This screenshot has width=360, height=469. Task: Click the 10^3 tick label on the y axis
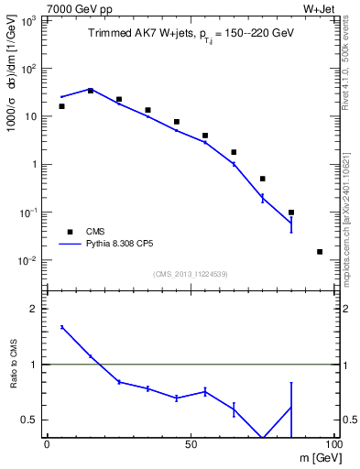point(29,20)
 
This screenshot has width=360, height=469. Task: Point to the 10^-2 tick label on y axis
point(29,260)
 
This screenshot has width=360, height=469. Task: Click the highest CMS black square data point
point(90,90)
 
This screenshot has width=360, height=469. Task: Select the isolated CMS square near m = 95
point(320,251)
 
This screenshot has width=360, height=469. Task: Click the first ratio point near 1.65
point(61,327)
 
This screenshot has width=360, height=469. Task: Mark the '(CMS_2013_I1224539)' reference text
point(190,273)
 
